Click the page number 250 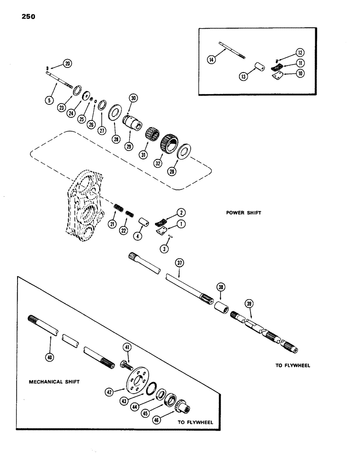tap(27, 17)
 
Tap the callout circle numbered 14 tap(212, 60)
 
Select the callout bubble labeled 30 tap(133, 98)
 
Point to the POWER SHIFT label tap(244, 213)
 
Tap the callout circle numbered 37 tap(180, 263)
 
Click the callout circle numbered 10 tap(300, 73)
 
